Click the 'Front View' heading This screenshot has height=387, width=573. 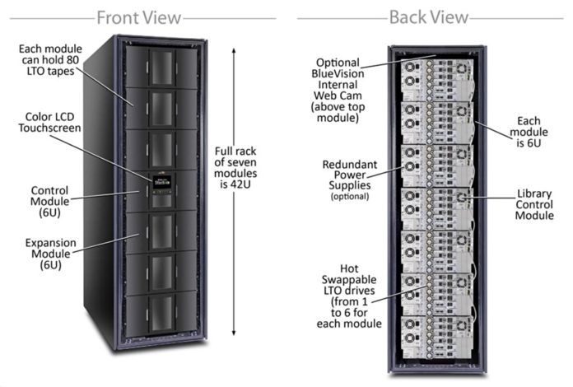click(x=139, y=16)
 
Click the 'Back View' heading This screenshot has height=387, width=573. click(x=428, y=16)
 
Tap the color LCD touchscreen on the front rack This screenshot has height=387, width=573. click(x=161, y=179)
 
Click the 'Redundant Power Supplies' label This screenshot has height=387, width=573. click(x=349, y=175)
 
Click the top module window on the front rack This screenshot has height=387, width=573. click(x=161, y=68)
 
